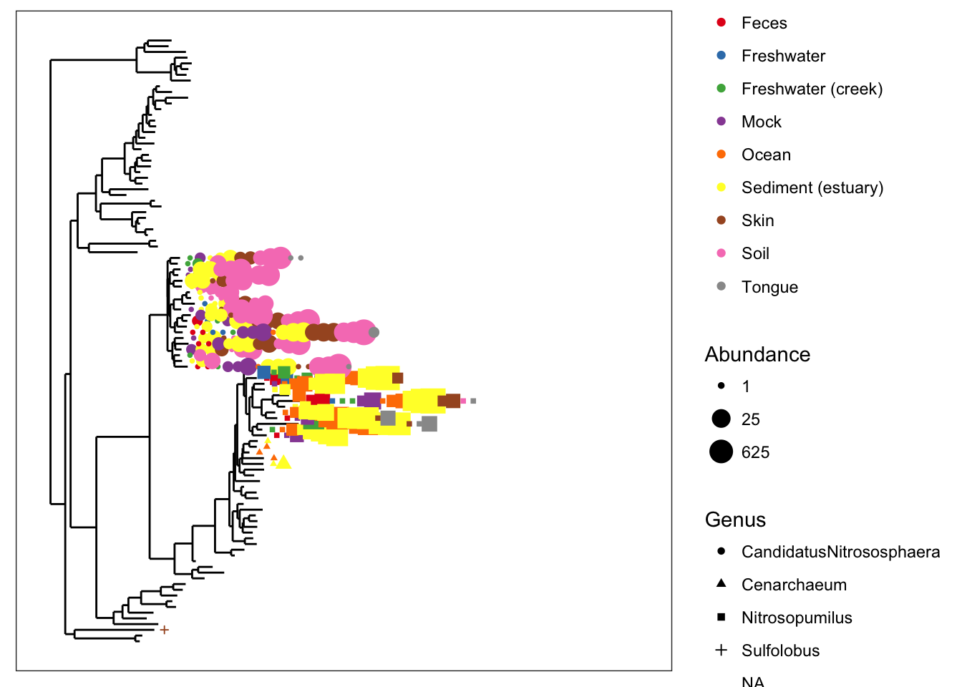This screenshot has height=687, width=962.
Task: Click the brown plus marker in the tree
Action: click(164, 630)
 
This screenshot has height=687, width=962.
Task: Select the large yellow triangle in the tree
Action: click(283, 463)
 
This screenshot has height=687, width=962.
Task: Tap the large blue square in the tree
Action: click(264, 372)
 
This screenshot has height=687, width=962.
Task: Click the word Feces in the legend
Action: click(764, 23)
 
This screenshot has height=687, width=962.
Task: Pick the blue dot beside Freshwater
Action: click(721, 55)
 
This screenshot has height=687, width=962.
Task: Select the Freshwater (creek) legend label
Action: click(812, 89)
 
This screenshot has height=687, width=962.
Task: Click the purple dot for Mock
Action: click(721, 121)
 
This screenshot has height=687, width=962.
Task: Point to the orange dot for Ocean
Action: click(721, 154)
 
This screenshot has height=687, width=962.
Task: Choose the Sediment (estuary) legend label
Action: click(812, 187)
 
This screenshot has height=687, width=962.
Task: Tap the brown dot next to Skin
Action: click(721, 220)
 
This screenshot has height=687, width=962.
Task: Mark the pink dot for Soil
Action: click(721, 253)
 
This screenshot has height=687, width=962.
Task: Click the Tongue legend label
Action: click(769, 287)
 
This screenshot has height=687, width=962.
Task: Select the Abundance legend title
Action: click(757, 354)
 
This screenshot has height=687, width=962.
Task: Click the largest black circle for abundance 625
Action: click(721, 452)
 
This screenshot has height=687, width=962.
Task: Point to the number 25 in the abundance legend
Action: click(750, 419)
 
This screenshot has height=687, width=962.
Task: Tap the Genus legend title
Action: click(735, 520)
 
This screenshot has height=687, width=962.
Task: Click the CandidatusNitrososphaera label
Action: click(840, 552)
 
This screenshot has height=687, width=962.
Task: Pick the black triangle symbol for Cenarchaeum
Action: click(721, 583)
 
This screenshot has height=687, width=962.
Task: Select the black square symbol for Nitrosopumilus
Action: click(721, 617)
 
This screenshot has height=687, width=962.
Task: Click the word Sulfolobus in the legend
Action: click(780, 651)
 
